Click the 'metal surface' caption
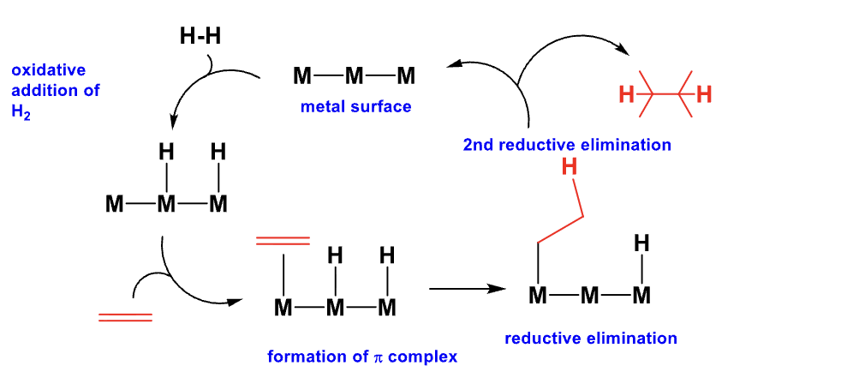tap(355, 107)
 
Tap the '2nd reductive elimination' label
tap(567, 145)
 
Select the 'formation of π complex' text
tap(362, 356)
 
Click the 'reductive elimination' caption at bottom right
tap(591, 338)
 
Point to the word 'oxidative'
tap(49, 69)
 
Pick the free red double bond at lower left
tap(125, 317)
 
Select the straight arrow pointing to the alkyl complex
tap(466, 290)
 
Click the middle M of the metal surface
tap(355, 77)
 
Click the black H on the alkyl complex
tap(641, 243)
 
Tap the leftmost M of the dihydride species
tap(114, 204)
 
